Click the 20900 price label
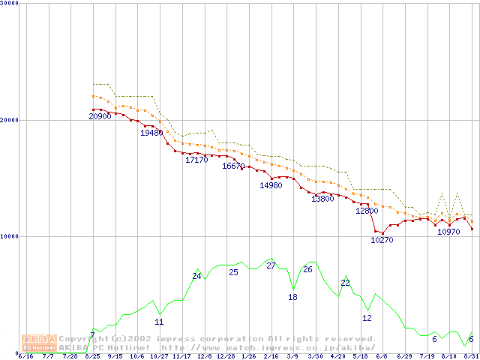click(x=100, y=117)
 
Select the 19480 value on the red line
click(x=151, y=133)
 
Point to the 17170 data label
click(x=196, y=160)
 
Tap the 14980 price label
click(x=271, y=185)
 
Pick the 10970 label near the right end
click(x=448, y=232)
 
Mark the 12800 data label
click(x=367, y=211)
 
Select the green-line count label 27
click(x=271, y=265)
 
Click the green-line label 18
click(x=292, y=297)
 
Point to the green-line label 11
click(x=159, y=322)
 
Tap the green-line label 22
click(x=345, y=283)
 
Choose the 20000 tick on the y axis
click(x=9, y=120)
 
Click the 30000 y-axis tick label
click(x=9, y=4)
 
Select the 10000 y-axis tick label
click(x=9, y=236)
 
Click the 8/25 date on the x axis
click(x=93, y=356)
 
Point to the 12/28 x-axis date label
click(x=226, y=356)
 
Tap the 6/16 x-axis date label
click(x=25, y=356)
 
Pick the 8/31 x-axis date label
click(x=470, y=356)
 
